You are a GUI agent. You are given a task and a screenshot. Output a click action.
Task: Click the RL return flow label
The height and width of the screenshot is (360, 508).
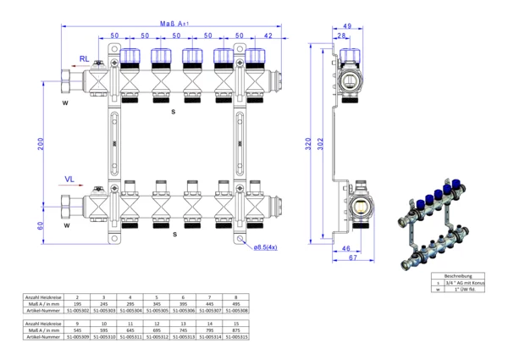[84, 58]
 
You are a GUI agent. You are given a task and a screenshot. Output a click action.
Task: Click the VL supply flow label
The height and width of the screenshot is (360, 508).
[72, 179]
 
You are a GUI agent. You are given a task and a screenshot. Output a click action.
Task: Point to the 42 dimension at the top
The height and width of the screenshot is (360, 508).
[268, 36]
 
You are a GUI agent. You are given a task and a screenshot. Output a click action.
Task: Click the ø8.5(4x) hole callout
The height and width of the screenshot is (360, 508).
[269, 246]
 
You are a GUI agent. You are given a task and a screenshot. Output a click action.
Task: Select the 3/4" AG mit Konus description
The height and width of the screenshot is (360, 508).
[464, 283]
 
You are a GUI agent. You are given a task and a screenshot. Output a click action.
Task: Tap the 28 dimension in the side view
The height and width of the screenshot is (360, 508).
[342, 36]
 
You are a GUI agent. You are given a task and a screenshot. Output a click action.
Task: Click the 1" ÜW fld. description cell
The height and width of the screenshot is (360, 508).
[464, 290]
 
